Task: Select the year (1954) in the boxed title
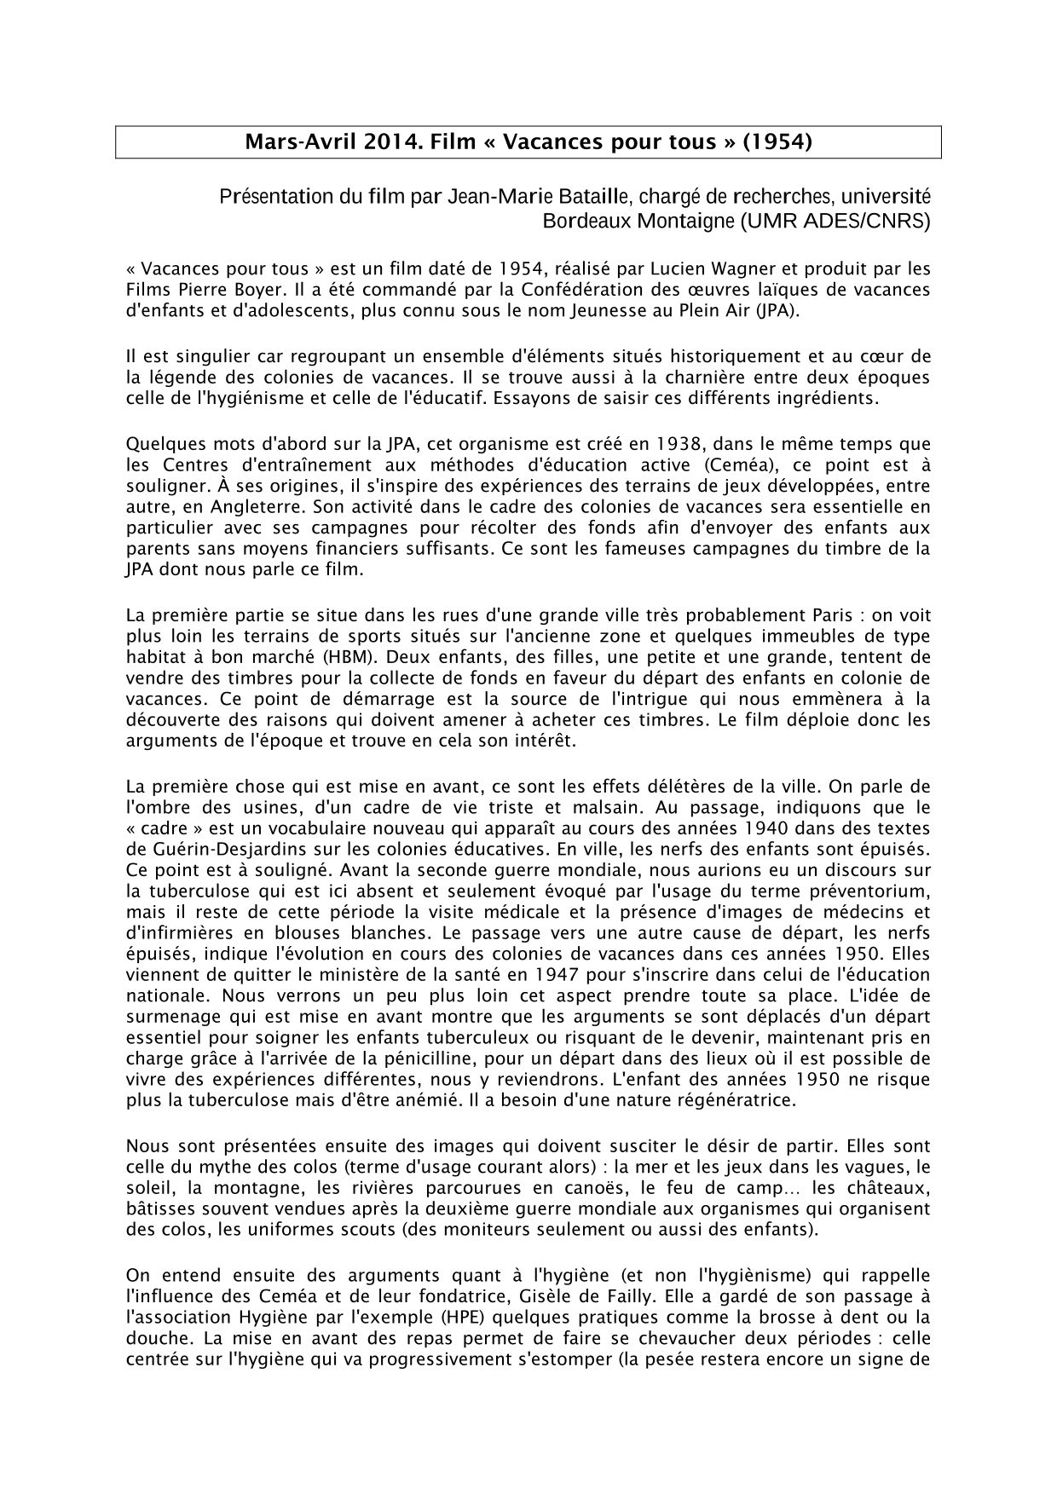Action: pyautogui.click(x=777, y=142)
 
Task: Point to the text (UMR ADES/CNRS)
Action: pyautogui.click(x=835, y=222)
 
